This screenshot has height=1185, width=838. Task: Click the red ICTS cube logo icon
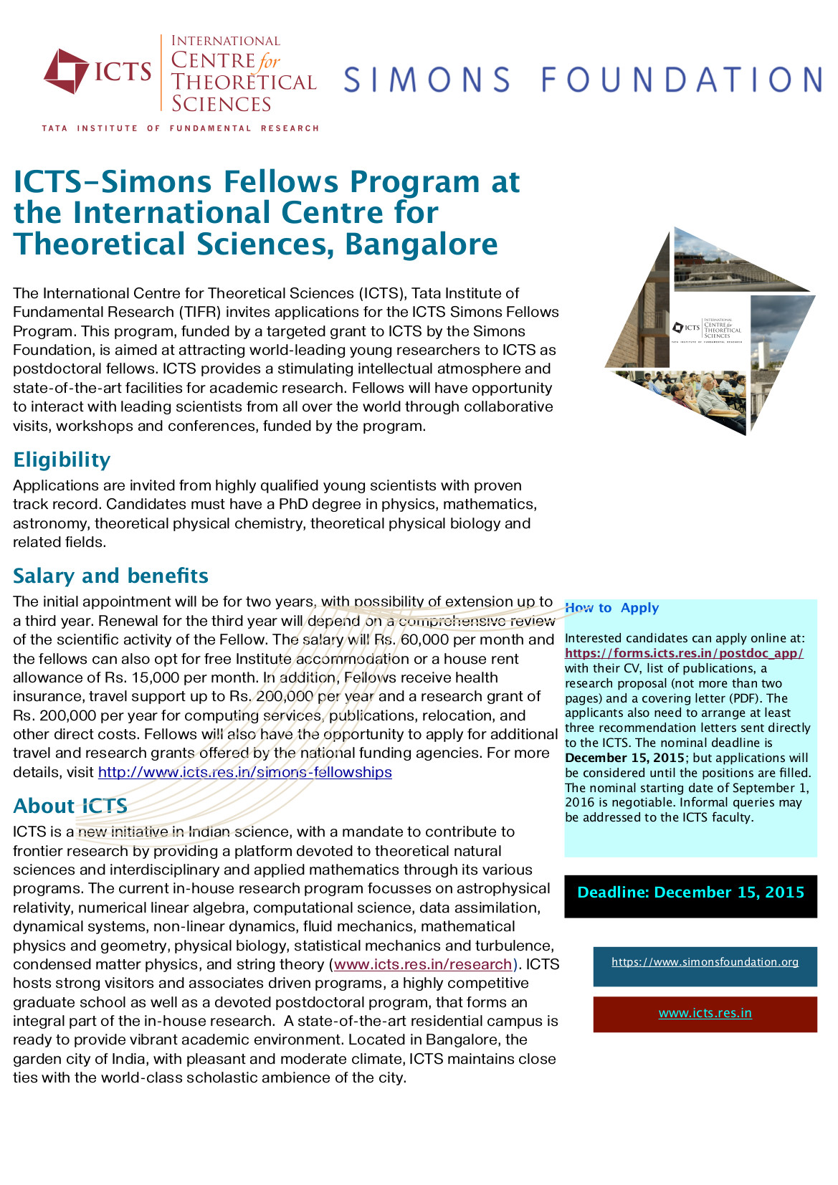pos(66,71)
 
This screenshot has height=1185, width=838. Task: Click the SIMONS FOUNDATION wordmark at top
pos(582,80)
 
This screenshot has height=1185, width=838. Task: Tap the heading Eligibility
pos(62,460)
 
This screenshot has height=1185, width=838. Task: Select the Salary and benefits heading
pos(110,576)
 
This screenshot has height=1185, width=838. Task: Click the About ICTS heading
pos(70,806)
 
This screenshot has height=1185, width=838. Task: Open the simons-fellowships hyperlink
pos(244,772)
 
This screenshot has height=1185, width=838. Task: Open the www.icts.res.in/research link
pos(423,964)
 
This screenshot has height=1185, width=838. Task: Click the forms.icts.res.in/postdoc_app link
pos(684,653)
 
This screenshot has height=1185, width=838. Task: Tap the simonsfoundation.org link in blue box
pos(705,962)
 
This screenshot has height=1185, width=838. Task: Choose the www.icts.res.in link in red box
pos(705,1013)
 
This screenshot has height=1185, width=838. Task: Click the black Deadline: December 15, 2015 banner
pos(690,893)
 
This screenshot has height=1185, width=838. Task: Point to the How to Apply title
pos(611,608)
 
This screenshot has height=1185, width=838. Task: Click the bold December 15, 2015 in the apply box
pos(624,758)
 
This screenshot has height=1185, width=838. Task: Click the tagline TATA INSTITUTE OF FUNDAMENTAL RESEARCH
pos(180,128)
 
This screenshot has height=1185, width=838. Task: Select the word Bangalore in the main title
pos(421,244)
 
